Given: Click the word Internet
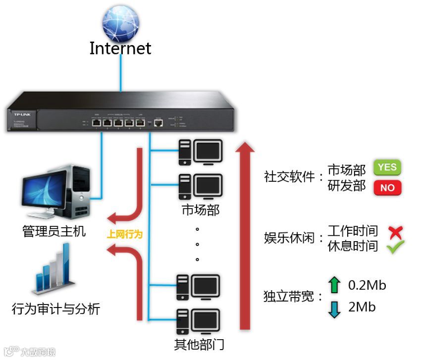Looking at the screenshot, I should [120, 49].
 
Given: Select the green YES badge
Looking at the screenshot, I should [387, 167].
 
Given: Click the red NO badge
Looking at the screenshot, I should [387, 187].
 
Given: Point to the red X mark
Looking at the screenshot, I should [395, 231].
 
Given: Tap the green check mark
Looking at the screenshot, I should [395, 247].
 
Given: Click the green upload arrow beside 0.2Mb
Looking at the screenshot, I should [335, 285].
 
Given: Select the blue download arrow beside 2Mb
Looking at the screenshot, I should [335, 309].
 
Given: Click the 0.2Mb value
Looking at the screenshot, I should [367, 285].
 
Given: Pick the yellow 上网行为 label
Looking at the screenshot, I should [124, 234].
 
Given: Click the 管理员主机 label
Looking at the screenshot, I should [54, 231].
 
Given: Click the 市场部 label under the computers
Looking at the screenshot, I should [200, 210].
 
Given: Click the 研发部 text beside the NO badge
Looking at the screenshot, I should [347, 186].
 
